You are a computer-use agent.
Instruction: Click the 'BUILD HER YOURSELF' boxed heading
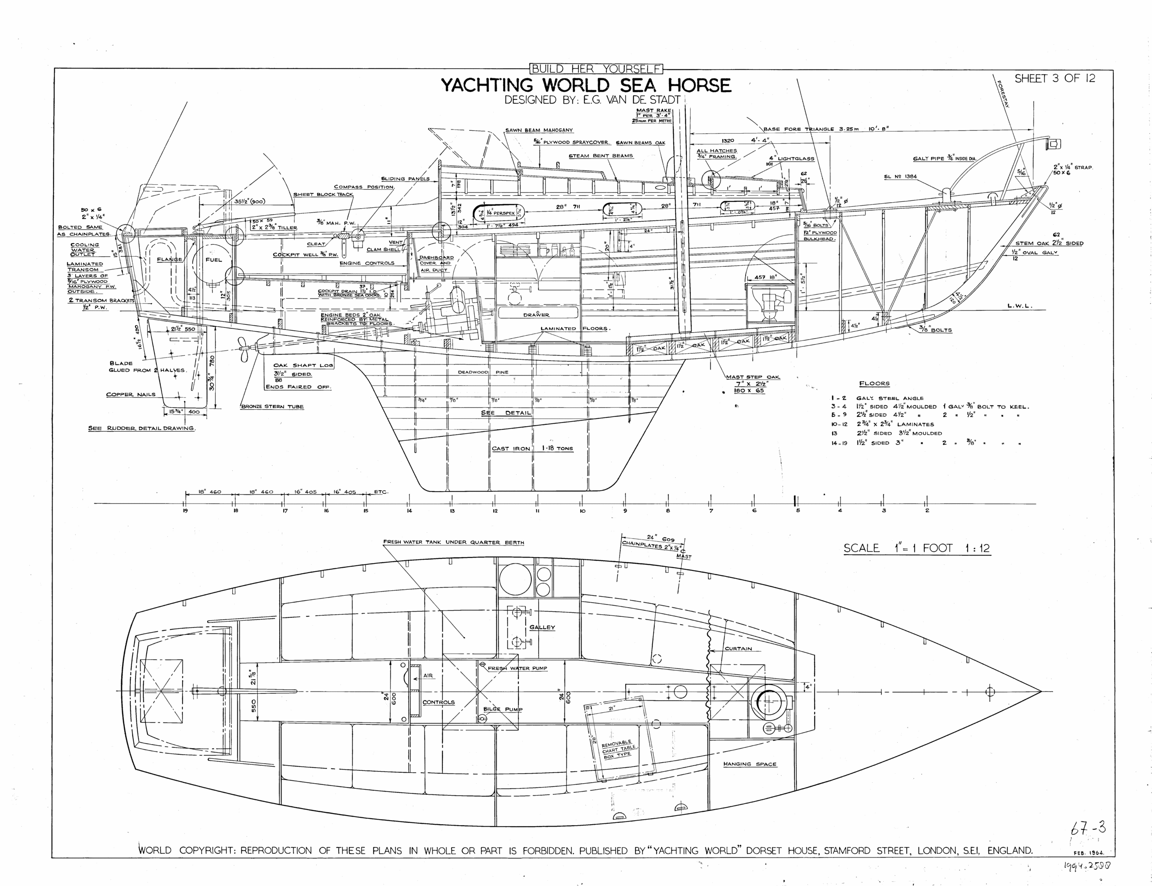pos(596,69)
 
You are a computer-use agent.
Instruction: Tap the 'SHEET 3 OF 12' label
pos(1054,79)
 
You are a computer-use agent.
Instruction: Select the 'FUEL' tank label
pos(214,259)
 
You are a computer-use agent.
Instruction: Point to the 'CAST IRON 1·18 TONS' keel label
pos(532,448)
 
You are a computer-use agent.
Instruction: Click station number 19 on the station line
pos(185,510)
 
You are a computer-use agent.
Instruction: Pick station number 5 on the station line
pos(798,510)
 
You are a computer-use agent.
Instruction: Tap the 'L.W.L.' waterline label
pos(1019,305)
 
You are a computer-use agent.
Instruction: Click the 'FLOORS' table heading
pos(874,383)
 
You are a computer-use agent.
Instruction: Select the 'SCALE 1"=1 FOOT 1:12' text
pos(917,548)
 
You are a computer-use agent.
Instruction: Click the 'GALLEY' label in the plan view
pos(542,627)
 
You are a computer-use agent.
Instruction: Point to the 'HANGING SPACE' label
pos(750,763)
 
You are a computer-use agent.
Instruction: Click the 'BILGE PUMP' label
pos(503,710)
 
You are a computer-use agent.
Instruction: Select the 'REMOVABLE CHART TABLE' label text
pos(619,748)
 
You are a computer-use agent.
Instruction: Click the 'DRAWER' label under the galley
pos(536,315)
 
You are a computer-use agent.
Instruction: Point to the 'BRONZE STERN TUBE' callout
pos(272,407)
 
